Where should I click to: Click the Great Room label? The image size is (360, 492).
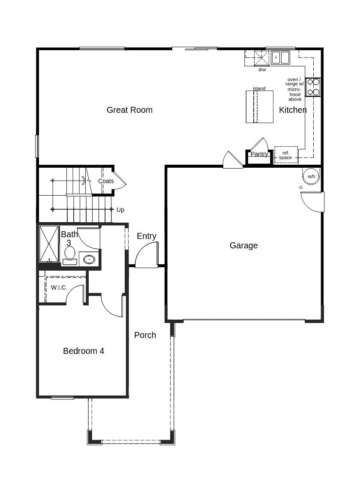[x=129, y=110]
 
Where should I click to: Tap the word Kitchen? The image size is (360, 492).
[x=293, y=110]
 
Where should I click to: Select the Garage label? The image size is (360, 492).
[x=243, y=245]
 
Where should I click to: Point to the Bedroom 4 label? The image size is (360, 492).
[x=84, y=351]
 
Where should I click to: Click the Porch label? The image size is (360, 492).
[x=145, y=335]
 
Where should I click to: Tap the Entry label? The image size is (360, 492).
[x=147, y=236]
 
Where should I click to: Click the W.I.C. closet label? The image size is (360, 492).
[x=59, y=287]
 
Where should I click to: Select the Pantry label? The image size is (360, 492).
[x=259, y=154]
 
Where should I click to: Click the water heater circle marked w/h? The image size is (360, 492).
[x=311, y=176]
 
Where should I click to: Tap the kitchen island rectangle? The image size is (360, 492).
[x=259, y=107]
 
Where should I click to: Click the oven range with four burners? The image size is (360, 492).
[x=313, y=87]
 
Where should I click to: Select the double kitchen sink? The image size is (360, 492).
[x=280, y=57]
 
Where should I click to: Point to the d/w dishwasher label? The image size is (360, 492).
[x=262, y=69]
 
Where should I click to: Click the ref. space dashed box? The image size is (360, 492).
[x=286, y=155]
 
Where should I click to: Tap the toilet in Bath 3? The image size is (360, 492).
[x=70, y=254]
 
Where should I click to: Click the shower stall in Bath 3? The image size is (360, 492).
[x=49, y=244]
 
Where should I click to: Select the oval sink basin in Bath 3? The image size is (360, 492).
[x=89, y=259]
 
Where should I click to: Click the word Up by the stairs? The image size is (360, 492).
[x=120, y=210]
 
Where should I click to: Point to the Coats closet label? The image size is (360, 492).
[x=106, y=181]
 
